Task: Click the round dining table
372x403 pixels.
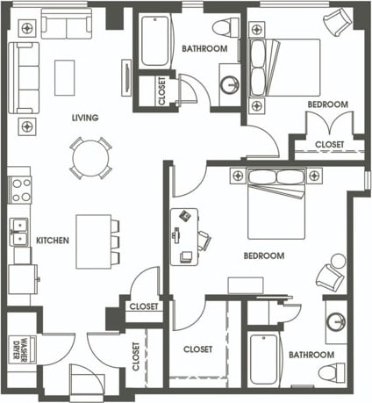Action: click(x=91, y=159)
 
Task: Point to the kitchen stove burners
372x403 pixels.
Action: click(x=20, y=191)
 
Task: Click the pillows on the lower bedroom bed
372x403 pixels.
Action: click(x=276, y=176)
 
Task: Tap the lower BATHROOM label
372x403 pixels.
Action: click(x=311, y=355)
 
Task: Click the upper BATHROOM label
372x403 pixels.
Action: click(x=204, y=49)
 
